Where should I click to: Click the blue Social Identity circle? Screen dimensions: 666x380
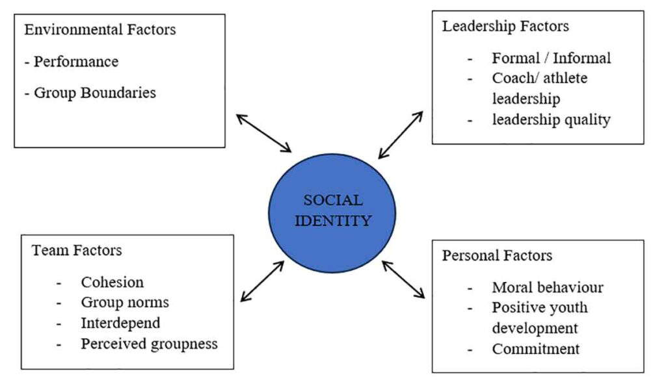(332, 213)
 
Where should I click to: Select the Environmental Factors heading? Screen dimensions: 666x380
(100, 30)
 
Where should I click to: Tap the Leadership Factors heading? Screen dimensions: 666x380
(505, 26)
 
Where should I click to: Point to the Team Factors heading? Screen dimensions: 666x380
(77, 250)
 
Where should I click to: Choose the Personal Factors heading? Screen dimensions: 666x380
(497, 255)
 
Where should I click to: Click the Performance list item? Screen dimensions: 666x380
(76, 62)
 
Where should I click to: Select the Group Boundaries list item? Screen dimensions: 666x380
(95, 93)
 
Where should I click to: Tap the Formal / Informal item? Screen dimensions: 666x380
(552, 58)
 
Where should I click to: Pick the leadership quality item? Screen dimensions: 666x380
(552, 120)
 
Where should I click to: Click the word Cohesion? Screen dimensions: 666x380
(112, 282)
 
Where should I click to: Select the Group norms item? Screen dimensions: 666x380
(125, 303)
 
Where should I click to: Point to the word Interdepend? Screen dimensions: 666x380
(120, 323)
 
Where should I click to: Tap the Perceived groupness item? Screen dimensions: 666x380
(149, 344)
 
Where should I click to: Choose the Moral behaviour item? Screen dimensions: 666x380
(548, 288)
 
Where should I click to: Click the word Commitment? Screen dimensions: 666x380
(536, 349)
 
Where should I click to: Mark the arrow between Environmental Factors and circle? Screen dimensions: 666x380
(264, 133)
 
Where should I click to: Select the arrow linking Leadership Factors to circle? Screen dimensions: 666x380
(401, 135)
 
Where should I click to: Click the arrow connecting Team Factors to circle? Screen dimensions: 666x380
(262, 281)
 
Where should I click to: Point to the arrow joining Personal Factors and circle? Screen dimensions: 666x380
(403, 279)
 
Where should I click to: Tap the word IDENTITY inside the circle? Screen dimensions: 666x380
(333, 221)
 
